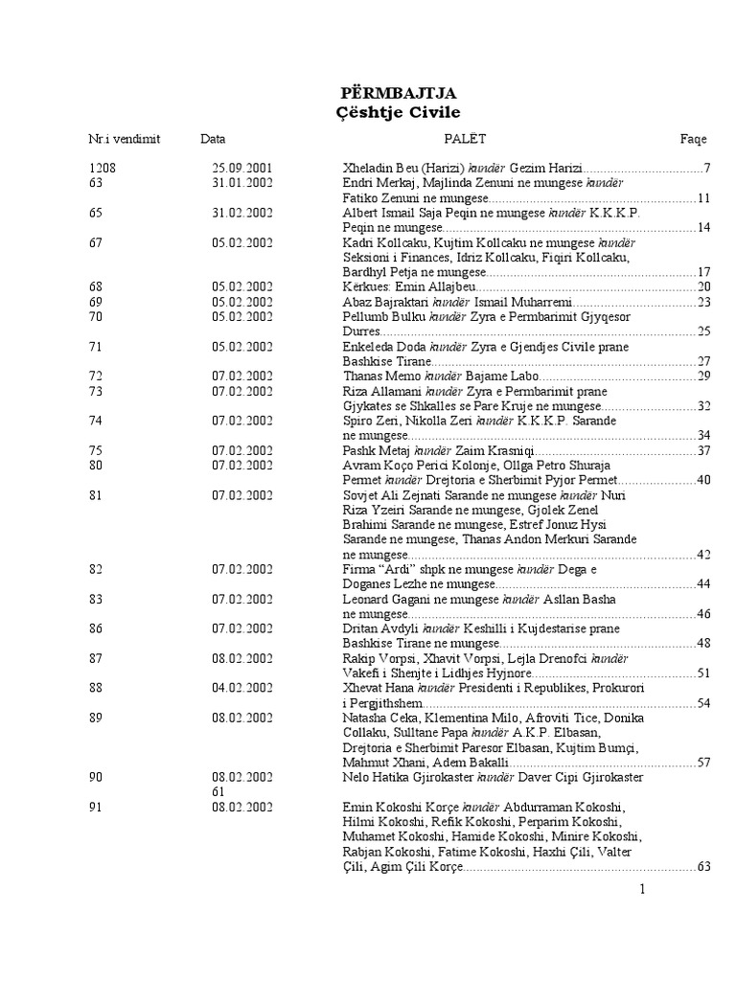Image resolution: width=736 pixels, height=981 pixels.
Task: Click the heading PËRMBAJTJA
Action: tap(399, 93)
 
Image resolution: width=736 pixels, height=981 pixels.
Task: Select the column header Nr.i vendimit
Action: tap(125, 139)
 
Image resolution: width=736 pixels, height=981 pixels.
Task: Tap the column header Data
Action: tap(213, 139)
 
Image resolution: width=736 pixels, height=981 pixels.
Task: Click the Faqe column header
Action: tap(693, 139)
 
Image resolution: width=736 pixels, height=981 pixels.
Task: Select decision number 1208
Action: tap(103, 169)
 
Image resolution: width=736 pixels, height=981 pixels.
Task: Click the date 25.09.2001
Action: tap(241, 169)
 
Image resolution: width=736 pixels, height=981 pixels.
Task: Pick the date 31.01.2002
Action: tap(241, 183)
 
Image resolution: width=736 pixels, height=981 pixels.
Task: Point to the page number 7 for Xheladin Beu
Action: tap(705, 169)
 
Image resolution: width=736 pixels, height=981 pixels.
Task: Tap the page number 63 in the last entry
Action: tap(702, 866)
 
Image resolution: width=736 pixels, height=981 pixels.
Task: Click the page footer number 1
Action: tap(643, 890)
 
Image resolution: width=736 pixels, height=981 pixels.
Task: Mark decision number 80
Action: tap(95, 466)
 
